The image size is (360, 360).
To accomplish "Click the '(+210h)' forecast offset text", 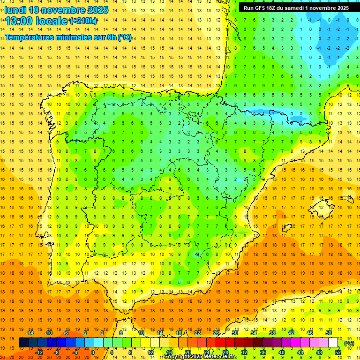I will point(83,21).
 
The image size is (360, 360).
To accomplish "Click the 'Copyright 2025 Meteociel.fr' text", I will point(200,357).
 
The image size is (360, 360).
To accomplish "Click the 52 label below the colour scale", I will point(338,352).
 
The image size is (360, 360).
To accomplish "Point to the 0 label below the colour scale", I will point(92,352).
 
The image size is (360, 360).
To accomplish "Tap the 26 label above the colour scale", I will point(216,333).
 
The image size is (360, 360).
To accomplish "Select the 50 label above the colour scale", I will point(329,333).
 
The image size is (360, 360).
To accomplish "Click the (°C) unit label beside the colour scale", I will point(349,343).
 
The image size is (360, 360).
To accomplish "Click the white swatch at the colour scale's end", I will point(333,343).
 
